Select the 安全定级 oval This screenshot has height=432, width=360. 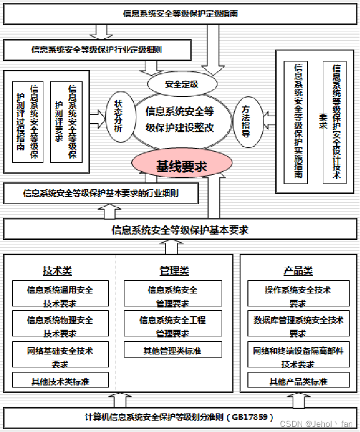click(x=181, y=84)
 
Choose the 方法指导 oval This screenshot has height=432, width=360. click(x=246, y=120)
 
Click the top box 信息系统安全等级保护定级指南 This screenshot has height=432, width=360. click(x=180, y=14)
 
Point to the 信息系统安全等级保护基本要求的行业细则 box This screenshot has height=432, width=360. click(x=101, y=193)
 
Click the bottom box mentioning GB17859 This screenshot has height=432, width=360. click(x=179, y=417)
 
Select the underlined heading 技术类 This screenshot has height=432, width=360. click(x=57, y=271)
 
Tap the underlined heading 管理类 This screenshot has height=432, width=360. click(x=174, y=271)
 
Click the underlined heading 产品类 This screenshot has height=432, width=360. click(x=298, y=271)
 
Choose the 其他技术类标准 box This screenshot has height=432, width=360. click(x=60, y=381)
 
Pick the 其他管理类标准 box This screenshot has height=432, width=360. click(x=173, y=351)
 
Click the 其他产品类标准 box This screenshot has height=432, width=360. click(x=298, y=381)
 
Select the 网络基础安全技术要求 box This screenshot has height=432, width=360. click(x=60, y=357)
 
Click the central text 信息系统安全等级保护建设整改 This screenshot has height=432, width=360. click(x=180, y=120)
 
